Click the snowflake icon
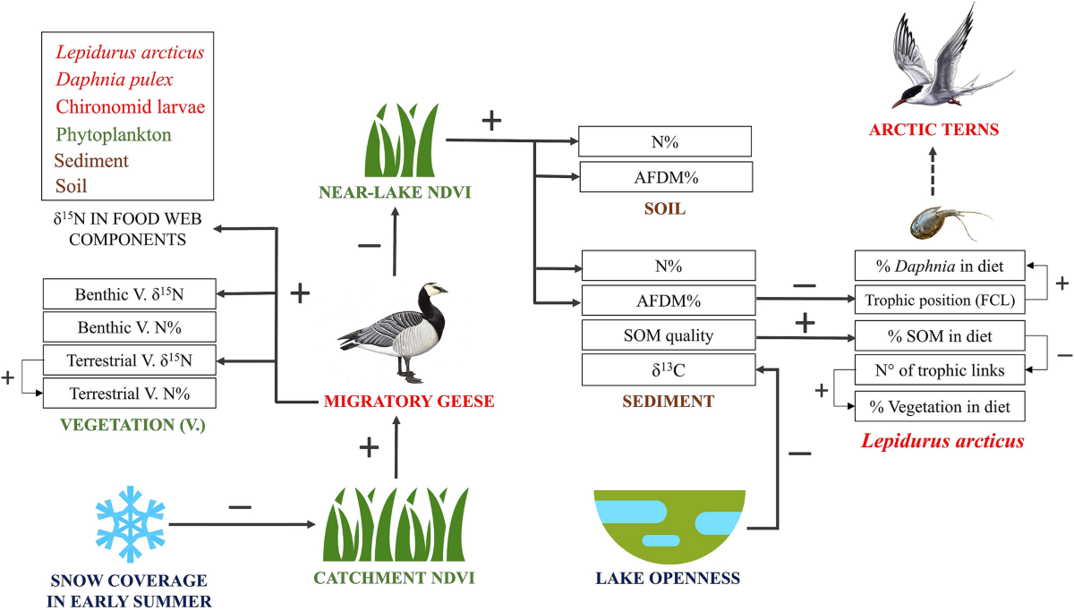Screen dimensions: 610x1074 coord(131,519)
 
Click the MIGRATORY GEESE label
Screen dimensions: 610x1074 coord(410,402)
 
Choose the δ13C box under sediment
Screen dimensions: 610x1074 coord(669,369)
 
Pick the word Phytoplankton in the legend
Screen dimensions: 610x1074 coord(113,134)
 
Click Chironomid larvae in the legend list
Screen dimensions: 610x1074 coord(130,107)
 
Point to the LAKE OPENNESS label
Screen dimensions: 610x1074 coord(669,578)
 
